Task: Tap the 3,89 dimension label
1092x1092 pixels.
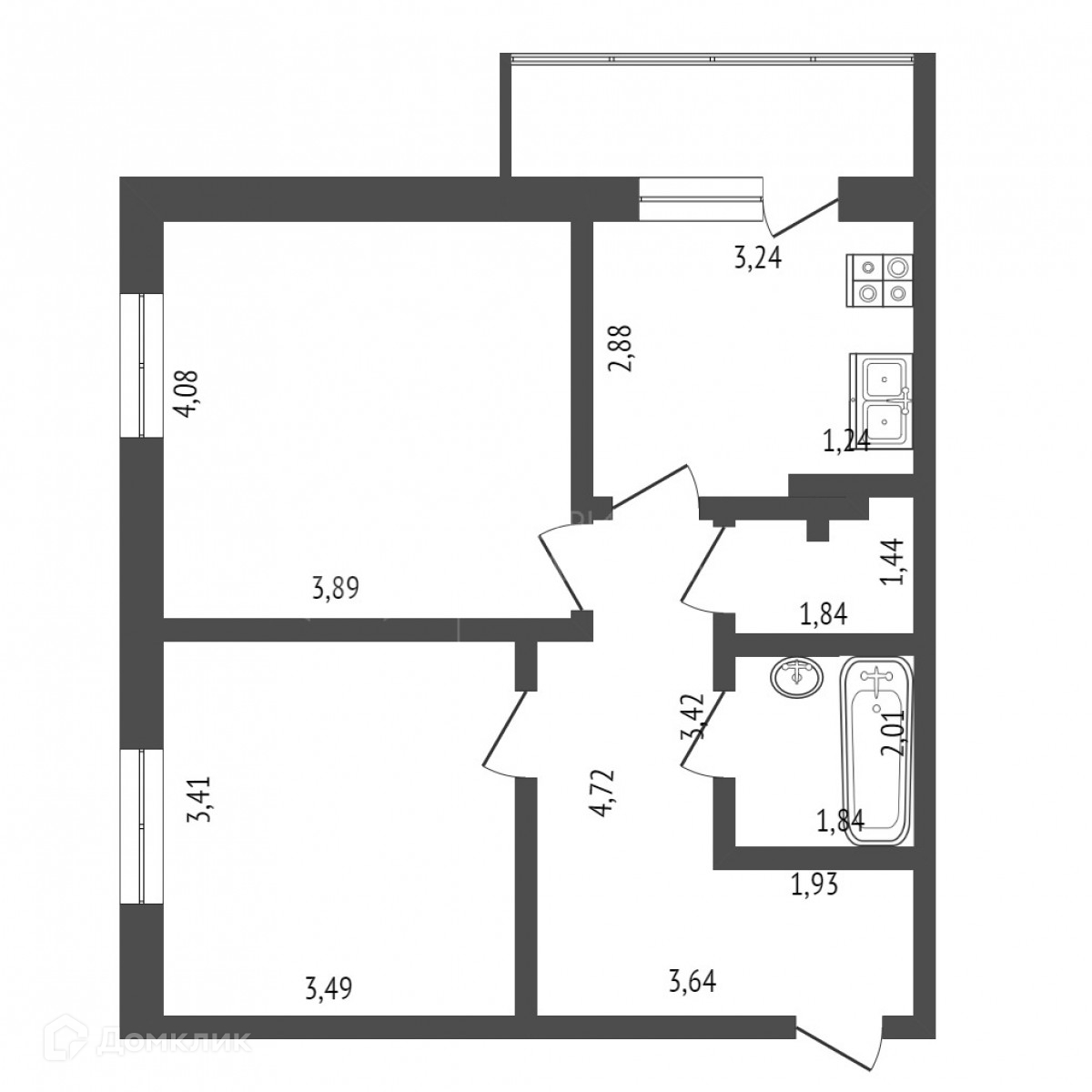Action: pos(336,589)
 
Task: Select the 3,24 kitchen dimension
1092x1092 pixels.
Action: pos(758,259)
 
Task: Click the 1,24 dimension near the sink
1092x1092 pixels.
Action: pos(846,443)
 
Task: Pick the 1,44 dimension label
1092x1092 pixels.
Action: pos(895,562)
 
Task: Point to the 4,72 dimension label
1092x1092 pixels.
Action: pos(602,794)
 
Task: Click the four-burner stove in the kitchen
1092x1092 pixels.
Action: pos(879,281)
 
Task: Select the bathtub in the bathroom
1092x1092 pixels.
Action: pos(876,751)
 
